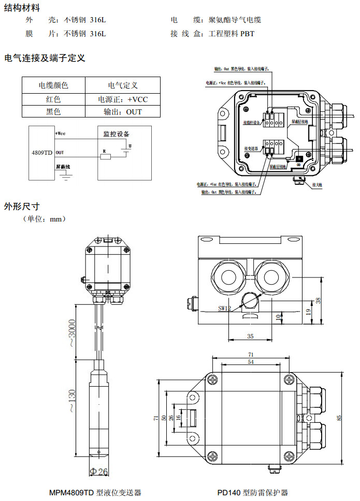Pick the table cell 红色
pyautogui.click(x=53, y=99)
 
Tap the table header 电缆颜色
pyautogui.click(x=53, y=85)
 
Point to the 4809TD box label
pyautogui.click(x=42, y=153)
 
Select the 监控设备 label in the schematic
pyautogui.click(x=117, y=134)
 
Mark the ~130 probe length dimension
pyautogui.click(x=72, y=401)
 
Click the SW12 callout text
pyautogui.click(x=225, y=308)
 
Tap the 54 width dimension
pyautogui.click(x=251, y=363)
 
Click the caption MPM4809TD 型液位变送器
pyautogui.click(x=95, y=493)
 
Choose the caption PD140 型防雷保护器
pyautogui.click(x=252, y=493)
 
